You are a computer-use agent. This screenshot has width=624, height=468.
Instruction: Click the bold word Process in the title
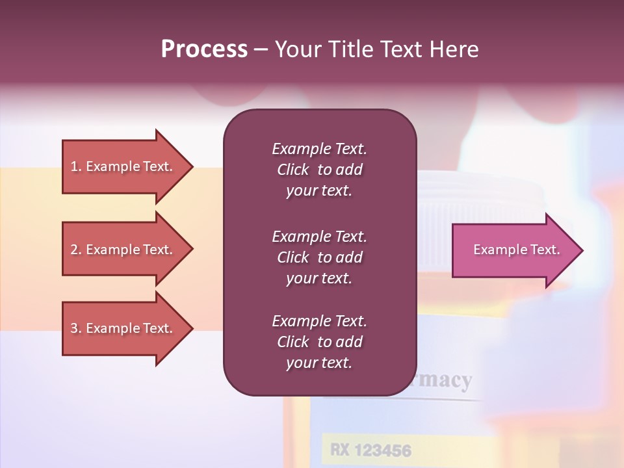click(204, 49)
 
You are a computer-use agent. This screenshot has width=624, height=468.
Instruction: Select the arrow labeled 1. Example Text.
click(123, 166)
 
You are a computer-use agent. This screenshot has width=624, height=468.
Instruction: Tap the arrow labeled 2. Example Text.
click(123, 250)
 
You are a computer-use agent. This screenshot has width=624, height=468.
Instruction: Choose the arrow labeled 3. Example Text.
click(123, 328)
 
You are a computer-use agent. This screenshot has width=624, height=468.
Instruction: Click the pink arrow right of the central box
click(513, 250)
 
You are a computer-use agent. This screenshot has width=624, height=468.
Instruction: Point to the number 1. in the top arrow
click(75, 166)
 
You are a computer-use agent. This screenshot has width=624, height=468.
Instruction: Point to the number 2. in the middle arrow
click(75, 250)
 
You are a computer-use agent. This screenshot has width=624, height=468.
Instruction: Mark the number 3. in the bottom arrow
click(75, 328)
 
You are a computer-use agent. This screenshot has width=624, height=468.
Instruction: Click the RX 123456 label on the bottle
click(370, 450)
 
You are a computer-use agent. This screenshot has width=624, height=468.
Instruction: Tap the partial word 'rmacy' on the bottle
click(442, 380)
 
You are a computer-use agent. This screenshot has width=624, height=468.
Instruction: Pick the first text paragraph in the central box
click(319, 170)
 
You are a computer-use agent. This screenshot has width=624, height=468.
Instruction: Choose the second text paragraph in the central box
click(319, 257)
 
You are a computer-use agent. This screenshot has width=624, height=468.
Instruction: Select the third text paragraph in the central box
click(319, 342)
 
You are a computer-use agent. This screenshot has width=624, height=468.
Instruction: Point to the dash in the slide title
click(261, 49)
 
